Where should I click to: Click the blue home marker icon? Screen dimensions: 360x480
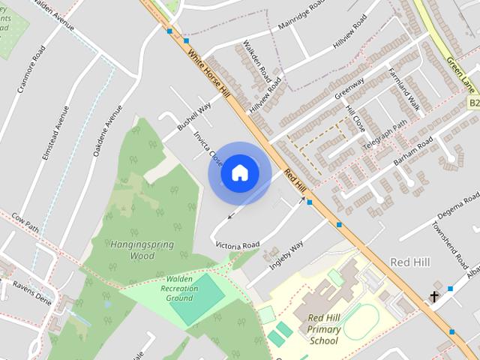239,172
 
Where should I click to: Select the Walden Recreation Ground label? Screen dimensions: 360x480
169,288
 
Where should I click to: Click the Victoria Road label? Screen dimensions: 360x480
237,245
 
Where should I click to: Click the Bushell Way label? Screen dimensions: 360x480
194,118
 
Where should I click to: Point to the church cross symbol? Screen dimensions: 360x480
433,297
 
